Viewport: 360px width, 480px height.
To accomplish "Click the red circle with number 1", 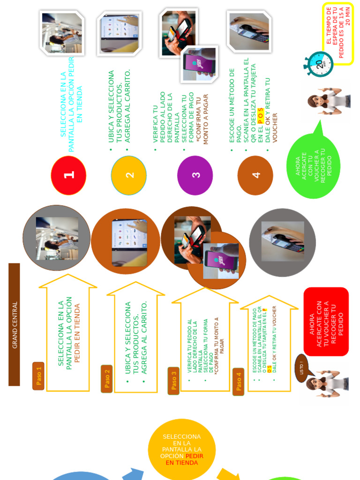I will pyautogui.click(x=68, y=175).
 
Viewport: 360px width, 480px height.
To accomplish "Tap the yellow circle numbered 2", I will pyautogui.click(x=129, y=175).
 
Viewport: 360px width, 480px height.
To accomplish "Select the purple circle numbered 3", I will pyautogui.click(x=195, y=175).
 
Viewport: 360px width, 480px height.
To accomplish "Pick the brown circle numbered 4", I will pyautogui.click(x=255, y=175).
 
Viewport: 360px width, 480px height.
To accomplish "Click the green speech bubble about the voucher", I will pyautogui.click(x=313, y=166).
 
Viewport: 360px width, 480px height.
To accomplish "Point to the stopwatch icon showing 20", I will pyautogui.click(x=320, y=64).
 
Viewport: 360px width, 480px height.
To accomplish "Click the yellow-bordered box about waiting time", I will pyautogui.click(x=338, y=33).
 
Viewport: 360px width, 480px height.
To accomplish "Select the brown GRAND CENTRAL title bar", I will pyautogui.click(x=15, y=324).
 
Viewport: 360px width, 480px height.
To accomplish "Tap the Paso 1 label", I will pyautogui.click(x=38, y=376).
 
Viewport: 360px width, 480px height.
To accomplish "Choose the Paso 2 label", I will pyautogui.click(x=106, y=379).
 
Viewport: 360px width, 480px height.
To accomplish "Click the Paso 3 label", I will pyautogui.click(x=174, y=381).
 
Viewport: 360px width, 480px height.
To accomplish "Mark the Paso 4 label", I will pyautogui.click(x=238, y=382).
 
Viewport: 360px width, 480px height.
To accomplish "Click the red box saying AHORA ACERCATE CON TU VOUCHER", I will pyautogui.click(x=326, y=322).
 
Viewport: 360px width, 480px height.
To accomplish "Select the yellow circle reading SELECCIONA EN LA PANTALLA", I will pyautogui.click(x=182, y=450).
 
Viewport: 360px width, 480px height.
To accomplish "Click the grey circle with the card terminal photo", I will pyautogui.click(x=282, y=242).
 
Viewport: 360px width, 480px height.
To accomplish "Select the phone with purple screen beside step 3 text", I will pyautogui.click(x=199, y=64).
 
